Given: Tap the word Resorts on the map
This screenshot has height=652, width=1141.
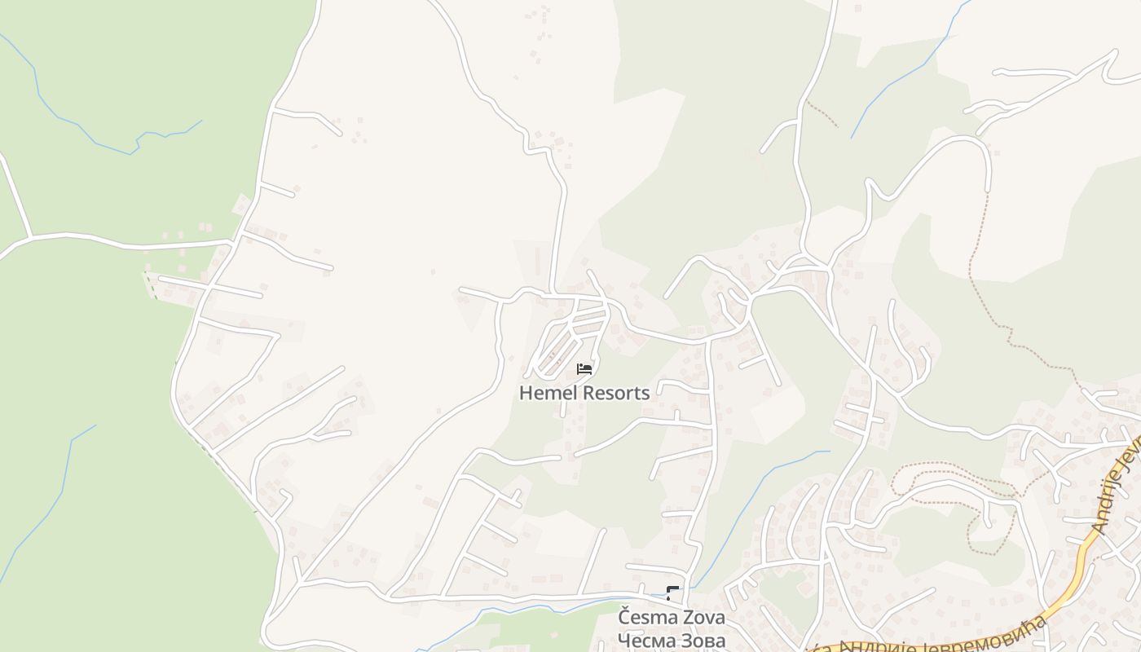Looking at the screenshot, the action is click(614, 393).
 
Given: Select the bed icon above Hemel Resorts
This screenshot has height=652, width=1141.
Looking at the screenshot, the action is click(584, 369).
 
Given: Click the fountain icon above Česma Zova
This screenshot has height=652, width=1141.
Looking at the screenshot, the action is click(672, 593).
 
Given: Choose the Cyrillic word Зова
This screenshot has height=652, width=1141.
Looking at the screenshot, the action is click(703, 641).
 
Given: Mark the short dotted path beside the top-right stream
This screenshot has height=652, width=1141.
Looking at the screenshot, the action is click(823, 115).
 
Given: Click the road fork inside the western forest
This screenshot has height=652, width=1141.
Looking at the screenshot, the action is click(31, 237).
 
